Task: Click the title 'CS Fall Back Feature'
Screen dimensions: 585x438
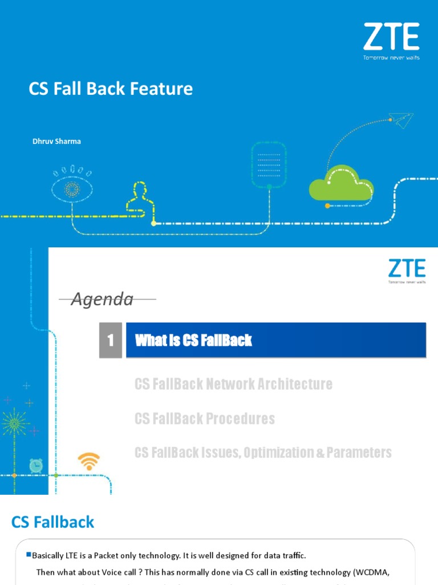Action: coord(111,89)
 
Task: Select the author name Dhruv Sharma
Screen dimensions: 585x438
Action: coord(56,141)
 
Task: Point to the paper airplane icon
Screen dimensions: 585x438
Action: coord(401,121)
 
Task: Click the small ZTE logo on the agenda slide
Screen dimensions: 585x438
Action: coord(407,270)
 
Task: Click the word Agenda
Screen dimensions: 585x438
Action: coord(102,299)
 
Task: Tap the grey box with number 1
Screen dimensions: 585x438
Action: coord(111,340)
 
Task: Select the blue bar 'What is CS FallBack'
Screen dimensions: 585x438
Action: coord(275,340)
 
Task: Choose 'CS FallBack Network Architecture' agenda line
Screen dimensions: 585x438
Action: coord(233,384)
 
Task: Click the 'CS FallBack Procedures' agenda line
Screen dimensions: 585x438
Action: coord(204,419)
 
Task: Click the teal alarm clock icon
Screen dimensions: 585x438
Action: coord(35,465)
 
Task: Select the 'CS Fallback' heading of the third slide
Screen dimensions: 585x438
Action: coord(53,522)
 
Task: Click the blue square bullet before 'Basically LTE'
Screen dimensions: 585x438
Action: coord(29,555)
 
